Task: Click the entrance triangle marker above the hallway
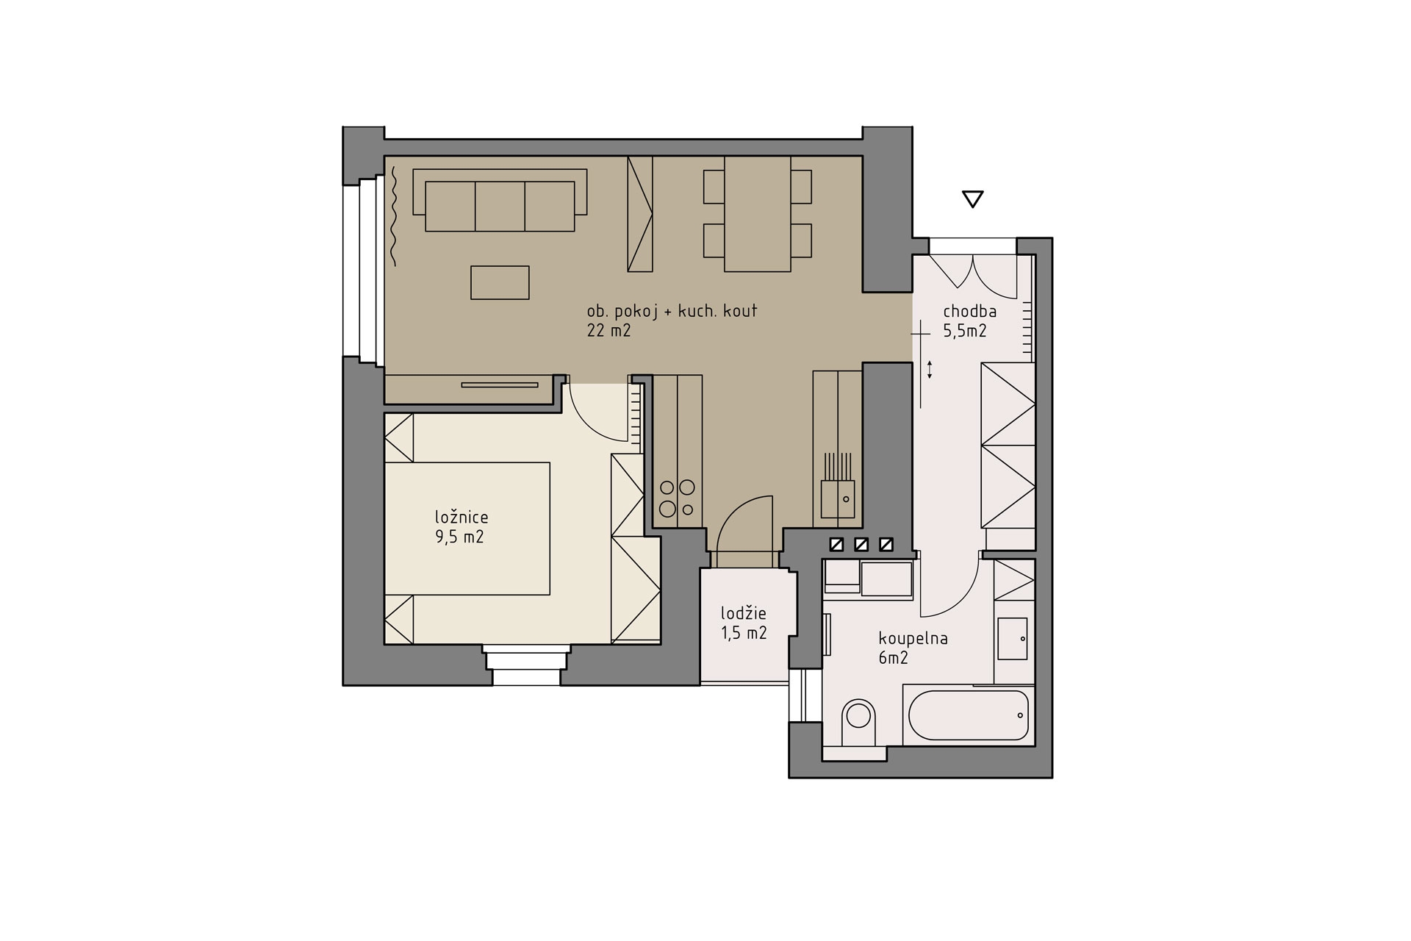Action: click(972, 199)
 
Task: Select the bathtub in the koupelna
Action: click(969, 715)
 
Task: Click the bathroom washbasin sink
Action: click(1012, 638)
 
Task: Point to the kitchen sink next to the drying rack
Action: click(838, 498)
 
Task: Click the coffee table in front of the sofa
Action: click(500, 282)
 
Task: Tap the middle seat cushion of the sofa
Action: click(500, 207)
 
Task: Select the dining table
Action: click(758, 213)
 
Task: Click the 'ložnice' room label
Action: click(461, 517)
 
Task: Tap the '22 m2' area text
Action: click(608, 331)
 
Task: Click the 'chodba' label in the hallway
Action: click(970, 312)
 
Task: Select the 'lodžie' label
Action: click(744, 613)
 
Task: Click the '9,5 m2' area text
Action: click(459, 537)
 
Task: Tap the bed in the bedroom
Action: click(467, 528)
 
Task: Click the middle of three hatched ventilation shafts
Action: click(861, 545)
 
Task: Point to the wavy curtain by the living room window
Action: click(394, 216)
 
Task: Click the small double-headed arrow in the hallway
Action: click(930, 370)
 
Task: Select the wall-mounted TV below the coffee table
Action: click(499, 384)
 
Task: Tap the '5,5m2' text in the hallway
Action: click(965, 331)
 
